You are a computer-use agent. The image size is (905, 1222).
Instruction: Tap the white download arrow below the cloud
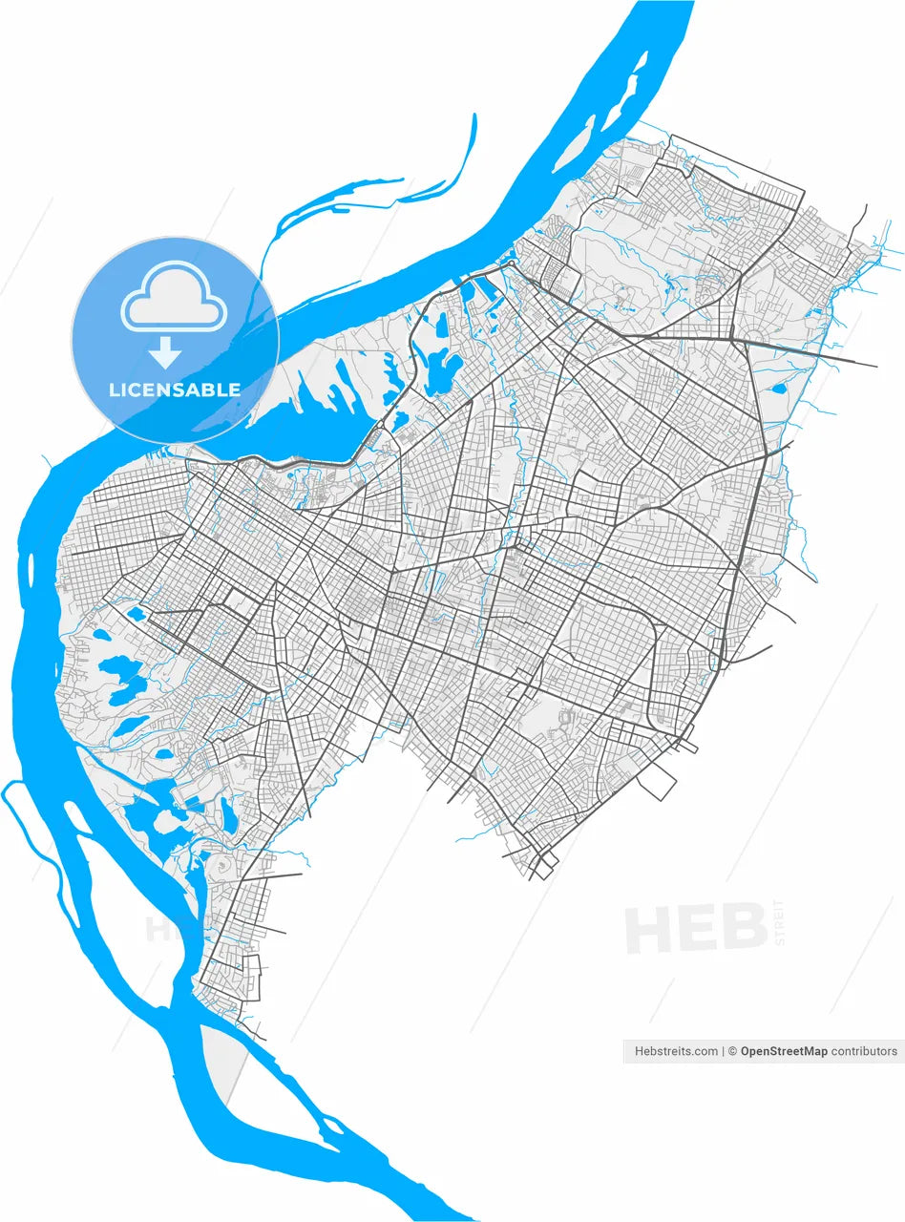pos(165,352)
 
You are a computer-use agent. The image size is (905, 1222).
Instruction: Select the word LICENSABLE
pos(175,390)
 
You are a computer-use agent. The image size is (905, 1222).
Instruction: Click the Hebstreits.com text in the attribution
pos(676,1051)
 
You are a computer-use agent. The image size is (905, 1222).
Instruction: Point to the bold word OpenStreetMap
pos(784,1051)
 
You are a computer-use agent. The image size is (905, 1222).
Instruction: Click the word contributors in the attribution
pos(864,1051)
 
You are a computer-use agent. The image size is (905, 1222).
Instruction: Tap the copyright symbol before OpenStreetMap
pos(733,1051)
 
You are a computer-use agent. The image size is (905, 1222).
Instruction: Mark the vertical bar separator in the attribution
pos(723,1051)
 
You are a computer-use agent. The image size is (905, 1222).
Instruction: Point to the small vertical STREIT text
pos(779,921)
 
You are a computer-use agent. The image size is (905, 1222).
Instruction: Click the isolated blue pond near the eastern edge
pos(778,390)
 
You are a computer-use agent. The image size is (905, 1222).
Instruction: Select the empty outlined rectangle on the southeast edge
pos(657,783)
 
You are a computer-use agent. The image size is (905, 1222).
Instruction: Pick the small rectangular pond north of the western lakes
pos(137,613)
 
